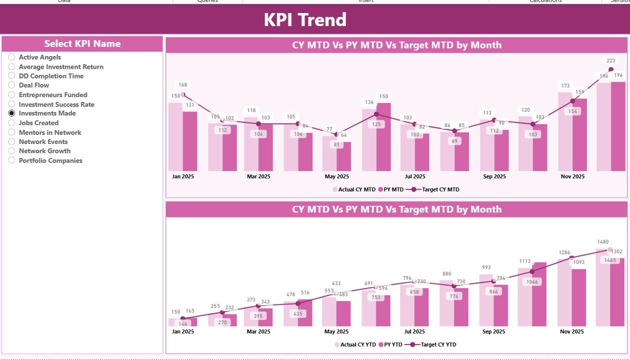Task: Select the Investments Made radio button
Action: (x=11, y=113)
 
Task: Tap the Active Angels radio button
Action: (x=11, y=57)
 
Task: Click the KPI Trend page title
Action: (x=305, y=19)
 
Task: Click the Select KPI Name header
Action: (x=82, y=44)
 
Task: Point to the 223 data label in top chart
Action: (x=611, y=60)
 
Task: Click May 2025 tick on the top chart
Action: (x=336, y=176)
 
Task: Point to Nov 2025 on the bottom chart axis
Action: (x=572, y=331)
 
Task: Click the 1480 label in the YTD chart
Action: (x=603, y=242)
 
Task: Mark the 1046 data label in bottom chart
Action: (x=532, y=282)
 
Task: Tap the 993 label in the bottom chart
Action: (x=486, y=267)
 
